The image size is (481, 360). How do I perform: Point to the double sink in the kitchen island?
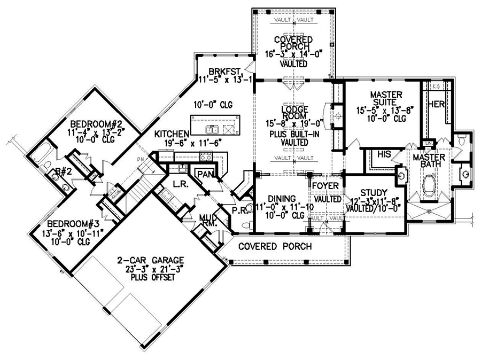(212, 129)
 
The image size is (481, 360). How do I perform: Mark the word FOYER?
(326, 186)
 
